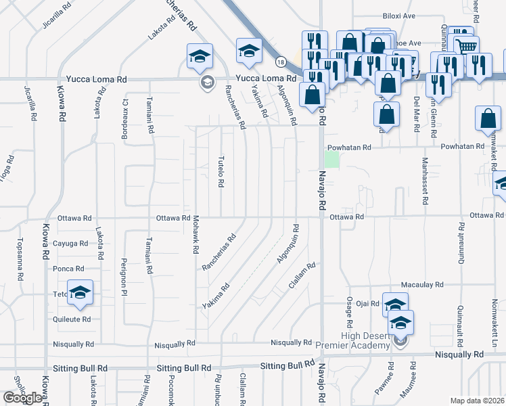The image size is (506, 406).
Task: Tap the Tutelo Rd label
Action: click(x=221, y=172)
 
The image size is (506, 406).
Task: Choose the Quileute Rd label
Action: click(x=72, y=319)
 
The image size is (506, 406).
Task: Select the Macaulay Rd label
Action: click(x=421, y=285)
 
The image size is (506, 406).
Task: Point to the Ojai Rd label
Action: click(x=369, y=304)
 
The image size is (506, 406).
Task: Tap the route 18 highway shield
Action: click(x=280, y=62)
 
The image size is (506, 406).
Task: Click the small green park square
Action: click(x=331, y=159)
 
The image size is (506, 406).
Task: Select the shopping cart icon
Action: click(x=465, y=47)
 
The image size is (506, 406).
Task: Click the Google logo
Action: click(x=22, y=398)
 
